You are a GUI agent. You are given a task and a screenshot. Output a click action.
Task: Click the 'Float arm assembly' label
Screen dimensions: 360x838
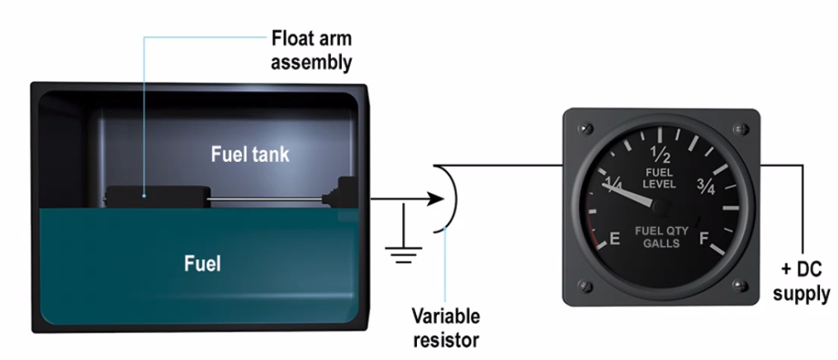(x=312, y=50)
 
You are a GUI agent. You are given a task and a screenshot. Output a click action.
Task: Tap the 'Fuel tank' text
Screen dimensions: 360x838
(x=250, y=154)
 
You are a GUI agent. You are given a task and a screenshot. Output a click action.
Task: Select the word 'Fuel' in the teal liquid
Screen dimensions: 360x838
(x=203, y=264)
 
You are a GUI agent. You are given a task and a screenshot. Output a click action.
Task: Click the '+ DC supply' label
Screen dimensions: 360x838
(x=805, y=282)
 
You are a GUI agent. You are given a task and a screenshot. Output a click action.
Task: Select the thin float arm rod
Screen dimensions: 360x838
(x=264, y=198)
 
